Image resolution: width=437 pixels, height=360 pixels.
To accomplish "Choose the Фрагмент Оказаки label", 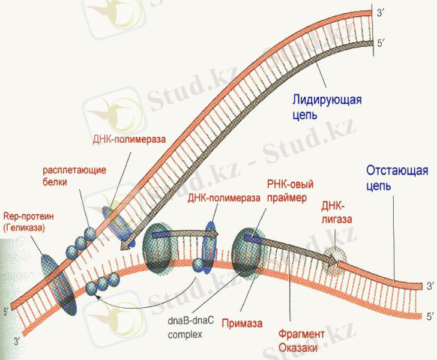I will tap(301, 340).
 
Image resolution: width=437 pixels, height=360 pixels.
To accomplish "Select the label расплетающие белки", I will tap(74, 175).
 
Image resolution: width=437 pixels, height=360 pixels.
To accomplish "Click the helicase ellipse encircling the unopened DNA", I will tap(57, 283).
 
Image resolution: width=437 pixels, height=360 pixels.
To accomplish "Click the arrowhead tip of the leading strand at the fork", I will tap(124, 245).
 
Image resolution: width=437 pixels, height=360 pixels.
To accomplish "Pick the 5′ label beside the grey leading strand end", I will tap(376, 43).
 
